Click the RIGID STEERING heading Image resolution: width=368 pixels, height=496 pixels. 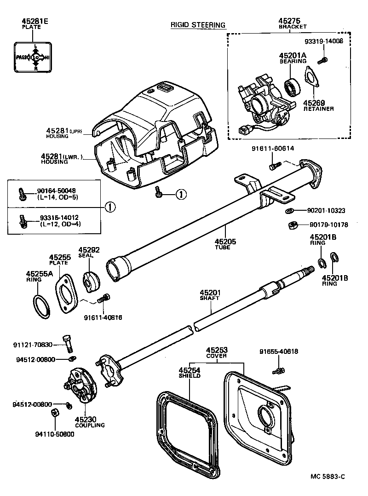198,25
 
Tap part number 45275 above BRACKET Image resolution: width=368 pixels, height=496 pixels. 289,21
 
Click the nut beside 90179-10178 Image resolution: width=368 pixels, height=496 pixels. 290,225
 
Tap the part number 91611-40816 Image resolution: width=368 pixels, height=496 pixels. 103,317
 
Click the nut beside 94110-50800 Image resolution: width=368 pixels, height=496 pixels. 53,413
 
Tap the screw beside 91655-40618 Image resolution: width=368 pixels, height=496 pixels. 279,369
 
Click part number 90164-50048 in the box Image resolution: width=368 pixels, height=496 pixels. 57,190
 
